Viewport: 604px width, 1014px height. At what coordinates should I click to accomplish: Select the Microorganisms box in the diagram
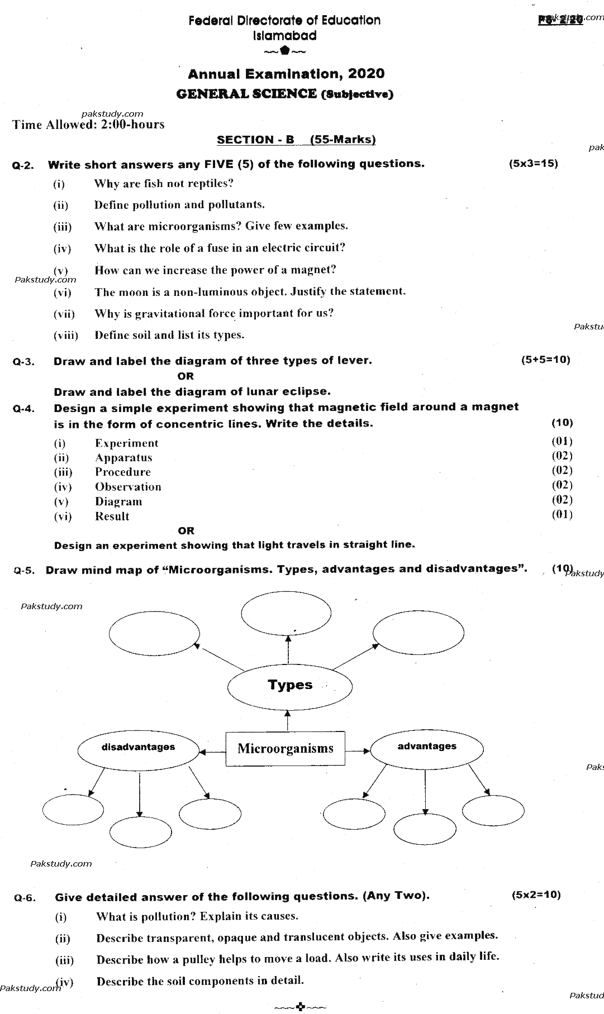[285, 749]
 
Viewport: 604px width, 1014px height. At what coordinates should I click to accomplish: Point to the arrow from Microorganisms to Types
[288, 720]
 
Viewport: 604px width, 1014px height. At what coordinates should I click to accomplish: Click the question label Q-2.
[23, 166]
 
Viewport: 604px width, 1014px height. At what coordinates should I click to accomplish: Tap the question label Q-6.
[25, 898]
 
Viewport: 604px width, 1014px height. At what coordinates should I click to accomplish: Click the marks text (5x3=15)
[533, 164]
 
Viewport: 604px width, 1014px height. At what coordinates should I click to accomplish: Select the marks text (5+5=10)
[545, 360]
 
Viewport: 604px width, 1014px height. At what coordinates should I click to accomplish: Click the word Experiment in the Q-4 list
[126, 443]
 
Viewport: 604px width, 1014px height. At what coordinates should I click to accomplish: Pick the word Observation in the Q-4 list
[128, 487]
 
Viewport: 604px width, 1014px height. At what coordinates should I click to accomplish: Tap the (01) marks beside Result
[562, 514]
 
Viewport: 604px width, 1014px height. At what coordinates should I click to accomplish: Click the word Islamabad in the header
[284, 36]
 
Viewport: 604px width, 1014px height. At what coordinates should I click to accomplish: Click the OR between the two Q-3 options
[186, 376]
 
